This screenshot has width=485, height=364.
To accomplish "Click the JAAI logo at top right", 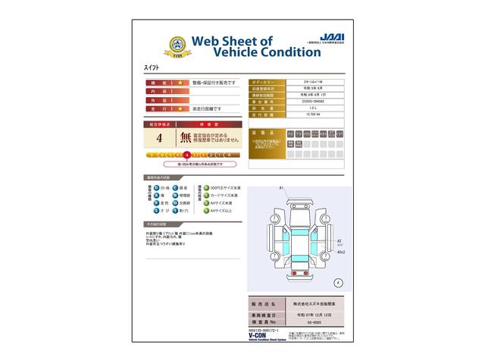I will click(330, 36).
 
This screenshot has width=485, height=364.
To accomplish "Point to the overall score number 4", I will click(159, 138).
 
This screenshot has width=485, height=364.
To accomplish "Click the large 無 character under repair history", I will click(186, 138).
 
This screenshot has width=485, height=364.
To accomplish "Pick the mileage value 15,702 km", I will click(313, 114).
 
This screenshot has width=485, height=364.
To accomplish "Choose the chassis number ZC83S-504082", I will click(313, 100).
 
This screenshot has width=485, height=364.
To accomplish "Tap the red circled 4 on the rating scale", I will click(186, 154).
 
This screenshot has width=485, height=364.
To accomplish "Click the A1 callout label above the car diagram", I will click(280, 188).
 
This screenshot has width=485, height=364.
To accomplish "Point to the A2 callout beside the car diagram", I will click(339, 240).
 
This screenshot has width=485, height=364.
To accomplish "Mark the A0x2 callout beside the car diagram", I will click(341, 253).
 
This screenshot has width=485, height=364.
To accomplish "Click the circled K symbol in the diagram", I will click(338, 282).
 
